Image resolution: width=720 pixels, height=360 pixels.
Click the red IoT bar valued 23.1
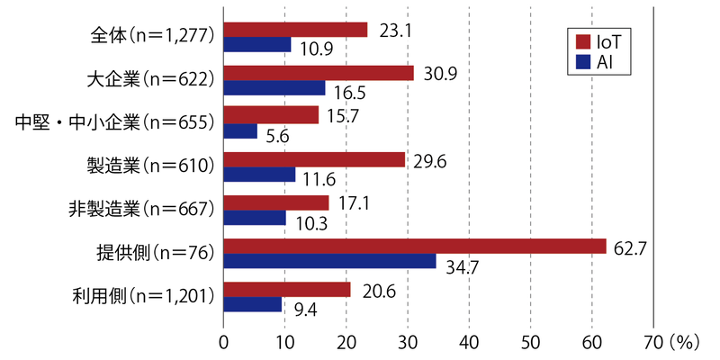[x=295, y=30]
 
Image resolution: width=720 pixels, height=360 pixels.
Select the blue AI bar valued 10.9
[x=257, y=45]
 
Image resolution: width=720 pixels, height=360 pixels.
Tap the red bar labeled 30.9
[x=319, y=73]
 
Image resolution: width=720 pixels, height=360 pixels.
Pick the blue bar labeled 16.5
[x=274, y=88]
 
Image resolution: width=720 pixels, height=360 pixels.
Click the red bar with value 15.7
[x=271, y=115]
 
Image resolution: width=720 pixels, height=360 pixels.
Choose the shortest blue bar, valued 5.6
[x=240, y=131]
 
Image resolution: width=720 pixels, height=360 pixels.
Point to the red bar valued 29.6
[x=314, y=160]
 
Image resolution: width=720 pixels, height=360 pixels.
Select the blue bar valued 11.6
[x=259, y=175]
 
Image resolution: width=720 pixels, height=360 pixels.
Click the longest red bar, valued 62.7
[x=415, y=247]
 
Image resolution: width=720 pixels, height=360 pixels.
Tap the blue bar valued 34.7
[x=329, y=262]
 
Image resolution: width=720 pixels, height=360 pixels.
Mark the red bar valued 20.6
[x=287, y=290]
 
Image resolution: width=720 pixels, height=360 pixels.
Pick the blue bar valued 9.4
[x=253, y=305]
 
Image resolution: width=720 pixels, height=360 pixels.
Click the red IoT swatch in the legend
[x=581, y=43]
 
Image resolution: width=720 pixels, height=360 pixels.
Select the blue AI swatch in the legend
[x=581, y=63]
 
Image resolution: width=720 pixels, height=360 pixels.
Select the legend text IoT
[x=611, y=43]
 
